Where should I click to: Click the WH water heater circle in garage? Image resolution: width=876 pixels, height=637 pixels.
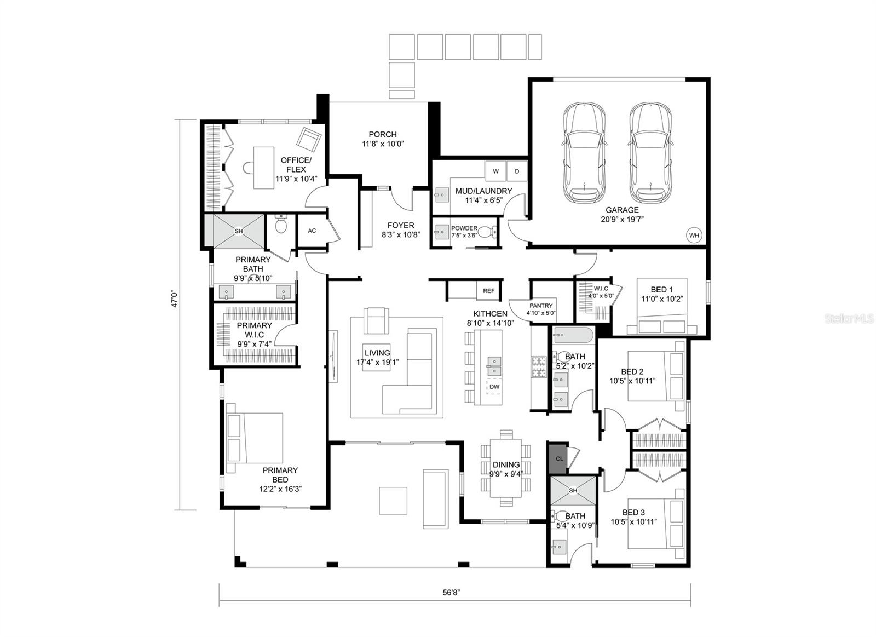(694, 236)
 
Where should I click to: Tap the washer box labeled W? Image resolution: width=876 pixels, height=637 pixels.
(495, 171)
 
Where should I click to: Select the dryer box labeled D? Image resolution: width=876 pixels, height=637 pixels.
(516, 171)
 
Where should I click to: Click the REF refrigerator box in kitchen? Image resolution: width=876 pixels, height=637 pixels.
(488, 291)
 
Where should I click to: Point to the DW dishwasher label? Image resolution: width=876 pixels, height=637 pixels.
(494, 387)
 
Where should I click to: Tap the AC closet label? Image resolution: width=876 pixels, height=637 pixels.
(312, 231)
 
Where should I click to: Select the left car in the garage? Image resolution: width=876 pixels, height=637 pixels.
(584, 153)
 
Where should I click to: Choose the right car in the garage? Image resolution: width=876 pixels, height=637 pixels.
(650, 153)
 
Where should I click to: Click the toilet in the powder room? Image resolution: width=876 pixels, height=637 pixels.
(486, 233)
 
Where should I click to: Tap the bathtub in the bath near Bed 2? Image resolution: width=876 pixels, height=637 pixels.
(572, 335)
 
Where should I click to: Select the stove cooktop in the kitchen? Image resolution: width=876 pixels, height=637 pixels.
(538, 367)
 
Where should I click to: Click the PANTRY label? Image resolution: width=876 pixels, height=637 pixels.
(541, 306)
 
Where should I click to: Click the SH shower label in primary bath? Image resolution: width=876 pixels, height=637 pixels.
(239, 231)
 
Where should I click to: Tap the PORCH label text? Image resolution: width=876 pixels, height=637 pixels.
(383, 134)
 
